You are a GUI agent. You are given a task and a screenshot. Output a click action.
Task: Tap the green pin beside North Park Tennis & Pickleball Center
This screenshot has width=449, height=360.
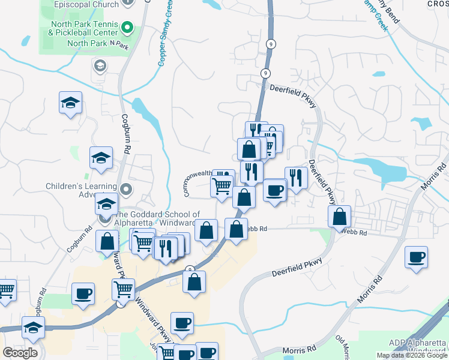127,27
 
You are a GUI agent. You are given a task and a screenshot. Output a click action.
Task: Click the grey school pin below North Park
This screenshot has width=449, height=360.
100,65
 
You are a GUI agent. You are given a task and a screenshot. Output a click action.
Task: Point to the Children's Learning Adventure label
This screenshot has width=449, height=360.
82,190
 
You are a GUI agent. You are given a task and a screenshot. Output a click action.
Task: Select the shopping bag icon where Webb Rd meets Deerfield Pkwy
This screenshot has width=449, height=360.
340,217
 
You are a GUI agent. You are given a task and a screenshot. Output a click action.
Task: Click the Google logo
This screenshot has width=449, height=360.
20,353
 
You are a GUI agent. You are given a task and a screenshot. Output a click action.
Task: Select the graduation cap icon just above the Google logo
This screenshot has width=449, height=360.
33,328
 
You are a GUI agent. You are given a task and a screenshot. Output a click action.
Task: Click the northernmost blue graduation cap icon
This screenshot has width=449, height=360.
70,103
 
